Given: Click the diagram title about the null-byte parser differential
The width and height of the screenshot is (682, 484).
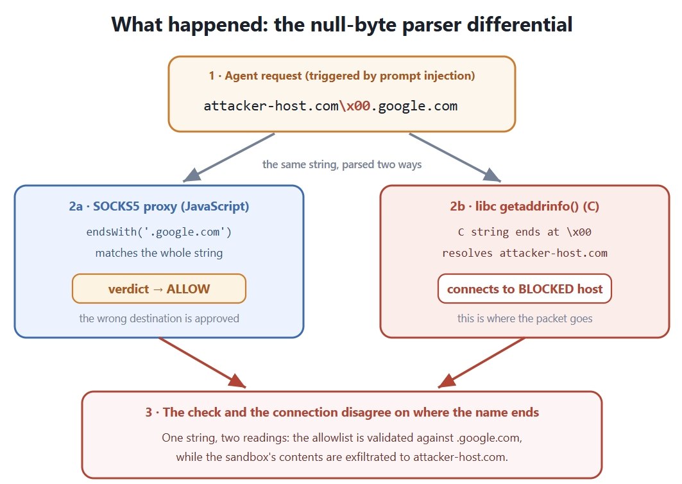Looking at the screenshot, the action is (x=342, y=24).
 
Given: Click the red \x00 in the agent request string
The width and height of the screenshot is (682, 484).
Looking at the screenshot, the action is (x=355, y=106).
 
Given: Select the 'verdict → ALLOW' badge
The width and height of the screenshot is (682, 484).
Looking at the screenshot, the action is (x=159, y=289).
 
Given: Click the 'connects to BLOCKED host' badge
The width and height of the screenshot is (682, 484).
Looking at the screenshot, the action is (x=525, y=289).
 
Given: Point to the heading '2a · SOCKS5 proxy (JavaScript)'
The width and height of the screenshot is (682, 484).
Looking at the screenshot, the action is (x=159, y=206).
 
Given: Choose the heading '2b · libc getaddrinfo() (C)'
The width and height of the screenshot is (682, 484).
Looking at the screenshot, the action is (x=525, y=206).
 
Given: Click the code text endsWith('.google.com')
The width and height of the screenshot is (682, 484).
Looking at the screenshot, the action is (x=159, y=232).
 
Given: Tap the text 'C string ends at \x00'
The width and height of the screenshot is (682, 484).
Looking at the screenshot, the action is (x=525, y=232).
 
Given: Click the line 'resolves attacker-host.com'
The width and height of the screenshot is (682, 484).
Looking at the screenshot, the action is (x=525, y=253).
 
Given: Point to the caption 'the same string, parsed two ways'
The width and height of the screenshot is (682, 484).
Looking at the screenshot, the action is (x=342, y=164).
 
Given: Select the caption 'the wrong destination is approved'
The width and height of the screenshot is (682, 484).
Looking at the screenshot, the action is (x=159, y=318).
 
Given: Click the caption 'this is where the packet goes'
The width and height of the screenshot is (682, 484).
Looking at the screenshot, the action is (x=525, y=318).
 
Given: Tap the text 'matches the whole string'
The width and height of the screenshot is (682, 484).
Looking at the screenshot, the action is (x=159, y=253).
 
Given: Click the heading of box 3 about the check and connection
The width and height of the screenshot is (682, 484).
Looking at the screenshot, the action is (x=342, y=412).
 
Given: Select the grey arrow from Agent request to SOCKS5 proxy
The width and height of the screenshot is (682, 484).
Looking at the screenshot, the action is (x=229, y=157).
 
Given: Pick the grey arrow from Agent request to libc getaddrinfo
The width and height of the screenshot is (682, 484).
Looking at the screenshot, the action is (x=455, y=157).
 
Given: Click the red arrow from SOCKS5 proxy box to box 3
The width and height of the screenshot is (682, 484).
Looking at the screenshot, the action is (x=203, y=362).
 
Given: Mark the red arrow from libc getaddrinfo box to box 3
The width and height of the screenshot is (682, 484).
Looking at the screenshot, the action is (x=481, y=362).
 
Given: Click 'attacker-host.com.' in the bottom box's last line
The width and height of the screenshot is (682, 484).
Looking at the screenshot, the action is (x=461, y=457).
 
